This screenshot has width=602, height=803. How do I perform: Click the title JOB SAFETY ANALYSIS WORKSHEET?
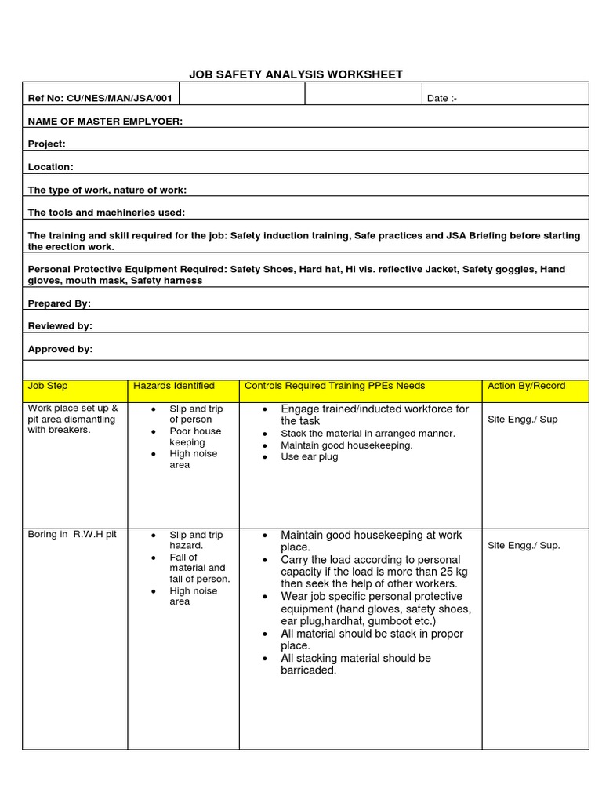click(x=296, y=74)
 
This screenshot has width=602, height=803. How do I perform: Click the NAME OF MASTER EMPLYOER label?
click(x=106, y=122)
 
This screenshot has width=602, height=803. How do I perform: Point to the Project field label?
click(x=47, y=144)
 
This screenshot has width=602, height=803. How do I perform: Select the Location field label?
click(x=51, y=167)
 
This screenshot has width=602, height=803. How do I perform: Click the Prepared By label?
click(x=60, y=303)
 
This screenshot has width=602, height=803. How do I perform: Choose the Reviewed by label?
click(x=60, y=326)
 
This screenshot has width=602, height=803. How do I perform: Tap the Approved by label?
click(x=60, y=349)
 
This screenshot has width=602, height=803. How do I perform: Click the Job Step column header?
click(x=48, y=386)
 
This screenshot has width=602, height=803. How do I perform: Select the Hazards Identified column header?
click(x=174, y=386)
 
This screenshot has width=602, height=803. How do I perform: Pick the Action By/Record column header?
click(x=526, y=386)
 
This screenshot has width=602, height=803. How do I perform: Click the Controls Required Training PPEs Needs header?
click(x=335, y=386)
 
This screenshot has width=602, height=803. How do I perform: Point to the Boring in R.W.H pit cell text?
click(x=72, y=534)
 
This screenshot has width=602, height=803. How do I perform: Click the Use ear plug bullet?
click(x=310, y=456)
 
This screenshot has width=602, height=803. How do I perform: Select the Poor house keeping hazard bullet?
click(x=195, y=437)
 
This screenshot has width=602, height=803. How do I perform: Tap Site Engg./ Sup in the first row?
click(x=522, y=420)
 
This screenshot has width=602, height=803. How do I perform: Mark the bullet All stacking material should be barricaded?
click(x=355, y=664)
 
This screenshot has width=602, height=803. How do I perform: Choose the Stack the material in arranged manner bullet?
click(x=368, y=434)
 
